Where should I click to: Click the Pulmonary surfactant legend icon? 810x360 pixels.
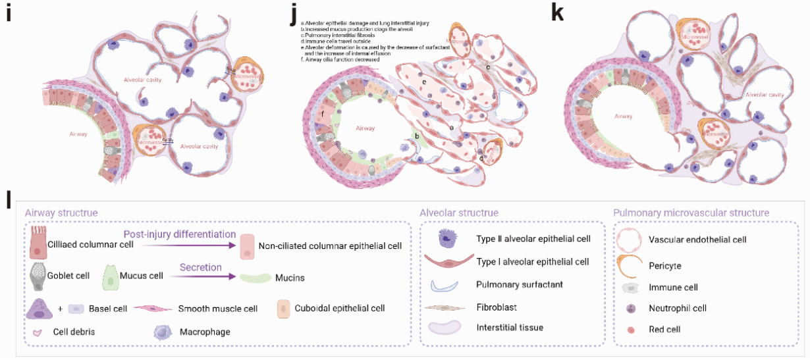[x=442, y=285]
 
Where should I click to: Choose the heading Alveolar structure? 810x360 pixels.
[x=459, y=213]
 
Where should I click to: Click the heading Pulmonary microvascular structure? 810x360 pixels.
[x=691, y=213]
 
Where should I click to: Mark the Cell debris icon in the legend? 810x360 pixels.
[x=39, y=332]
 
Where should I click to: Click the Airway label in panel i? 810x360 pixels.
[x=78, y=133]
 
